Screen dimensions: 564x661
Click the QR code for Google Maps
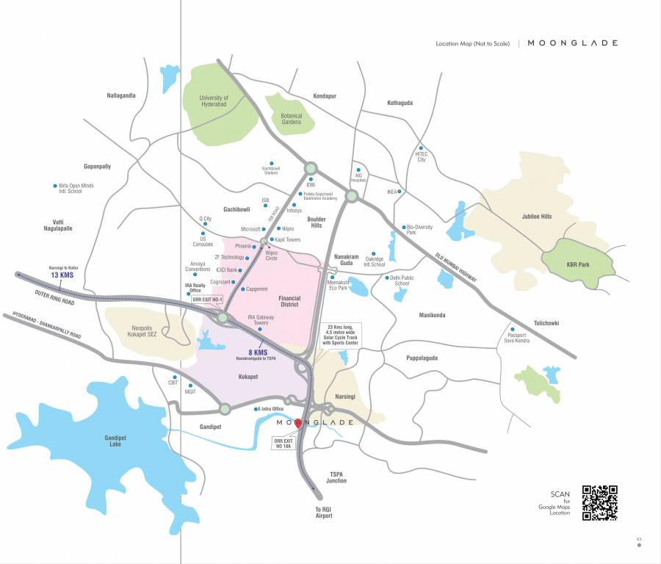(x=599, y=503)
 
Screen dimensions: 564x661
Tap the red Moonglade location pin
(x=297, y=424)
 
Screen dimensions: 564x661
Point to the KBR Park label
(x=579, y=264)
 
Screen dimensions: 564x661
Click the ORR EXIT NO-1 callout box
(x=206, y=300)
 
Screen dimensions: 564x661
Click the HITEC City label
(x=422, y=156)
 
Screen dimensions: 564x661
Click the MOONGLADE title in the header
(x=573, y=43)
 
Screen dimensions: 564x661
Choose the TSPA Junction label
(x=337, y=477)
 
